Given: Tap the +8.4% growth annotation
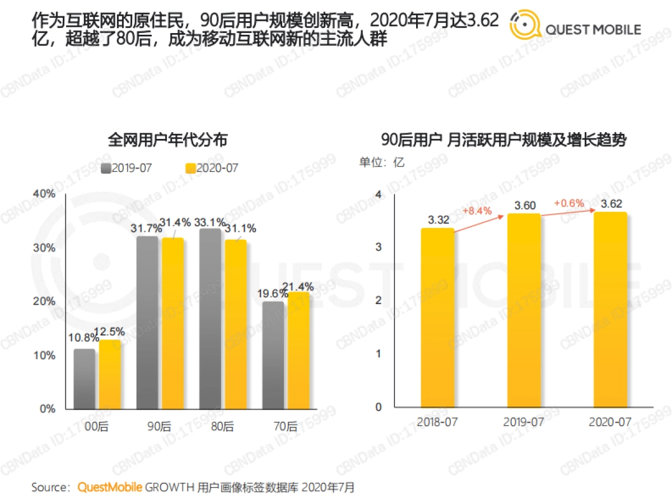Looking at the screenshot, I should coord(477,211).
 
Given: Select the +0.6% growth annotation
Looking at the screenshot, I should coord(568,203).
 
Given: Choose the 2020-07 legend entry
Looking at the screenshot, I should coord(212,168).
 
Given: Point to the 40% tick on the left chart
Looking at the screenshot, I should coord(45,194).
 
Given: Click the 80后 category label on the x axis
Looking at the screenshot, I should coord(223,427).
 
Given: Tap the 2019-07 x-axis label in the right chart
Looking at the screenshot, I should coord(524,422).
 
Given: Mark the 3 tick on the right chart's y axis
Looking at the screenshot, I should coord(378,247).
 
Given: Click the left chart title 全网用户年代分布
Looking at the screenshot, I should coord(167,140).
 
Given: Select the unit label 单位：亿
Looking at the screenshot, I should coord(382,162).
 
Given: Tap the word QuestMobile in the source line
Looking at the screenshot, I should coord(110,487).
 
